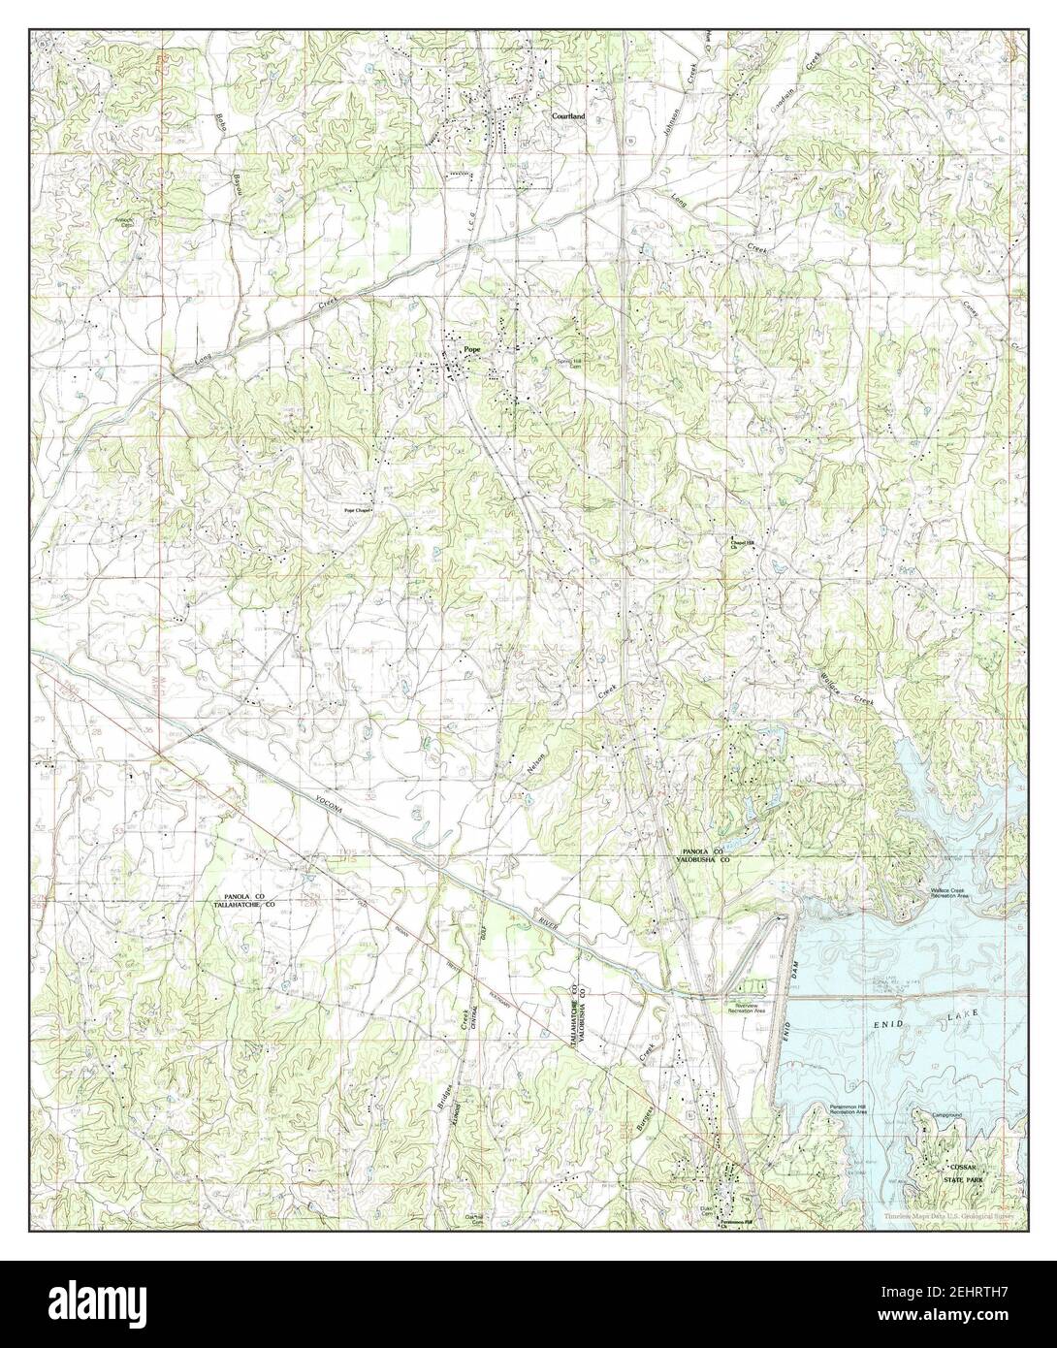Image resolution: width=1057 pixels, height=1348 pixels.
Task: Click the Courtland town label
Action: click(x=568, y=115)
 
